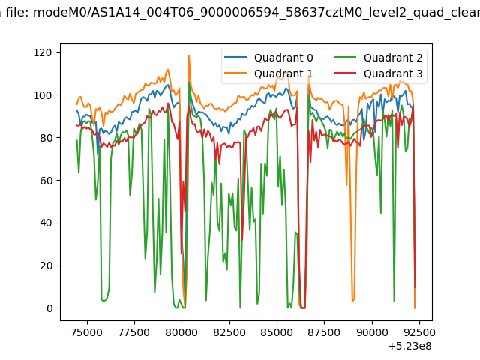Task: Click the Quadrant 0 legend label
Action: (283, 58)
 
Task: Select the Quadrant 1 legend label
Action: (283, 73)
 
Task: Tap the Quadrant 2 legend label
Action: (393, 58)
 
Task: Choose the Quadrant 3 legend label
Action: (393, 73)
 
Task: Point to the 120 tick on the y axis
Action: (43, 52)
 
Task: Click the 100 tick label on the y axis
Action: (43, 95)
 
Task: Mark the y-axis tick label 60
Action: (46, 180)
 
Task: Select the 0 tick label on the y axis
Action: (49, 308)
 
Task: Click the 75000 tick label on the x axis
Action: (87, 332)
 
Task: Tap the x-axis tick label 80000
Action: (181, 332)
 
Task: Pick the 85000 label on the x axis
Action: (277, 332)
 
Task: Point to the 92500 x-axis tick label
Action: (419, 332)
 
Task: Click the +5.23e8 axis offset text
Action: (410, 346)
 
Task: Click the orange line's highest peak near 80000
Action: (189, 55)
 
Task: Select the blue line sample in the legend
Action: (235, 57)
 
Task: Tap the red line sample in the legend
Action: (345, 73)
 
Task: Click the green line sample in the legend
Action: (345, 57)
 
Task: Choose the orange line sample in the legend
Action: (235, 73)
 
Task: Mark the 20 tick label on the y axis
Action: (46, 265)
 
